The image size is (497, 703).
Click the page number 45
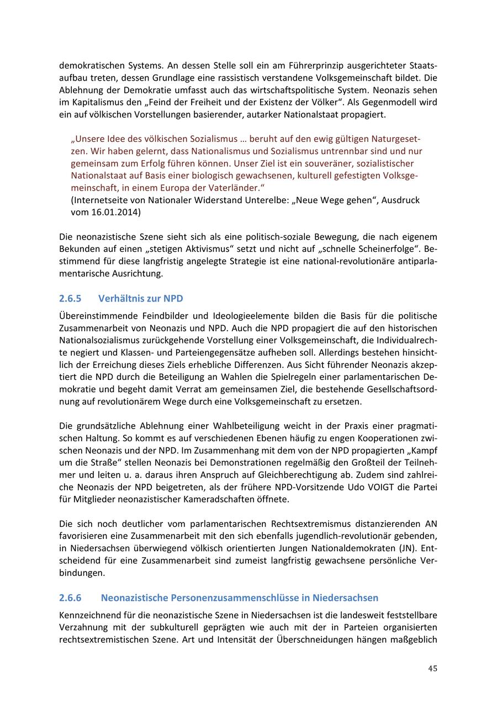[x=432, y=668]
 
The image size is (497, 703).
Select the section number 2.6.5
[x=70, y=299]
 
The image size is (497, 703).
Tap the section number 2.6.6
[x=70, y=598]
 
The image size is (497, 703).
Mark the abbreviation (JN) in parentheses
[x=405, y=548]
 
